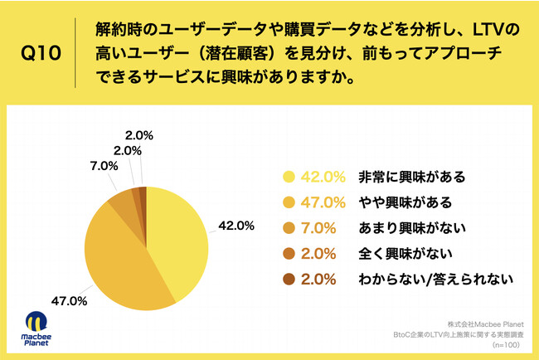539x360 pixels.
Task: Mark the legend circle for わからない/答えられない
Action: [289, 280]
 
